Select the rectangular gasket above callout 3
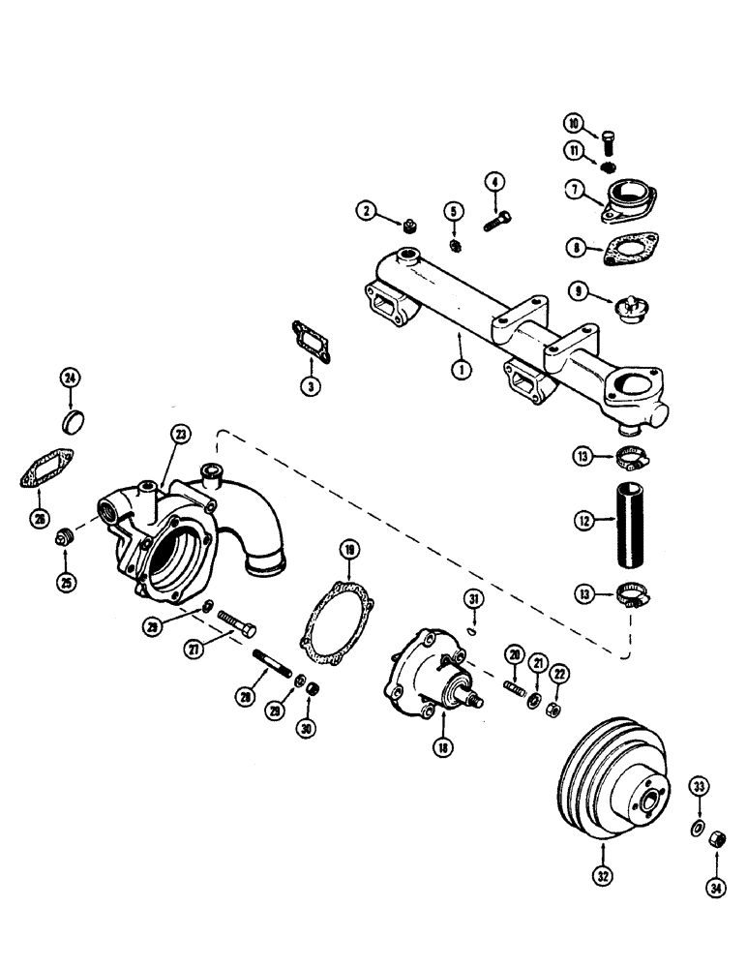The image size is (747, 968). (309, 340)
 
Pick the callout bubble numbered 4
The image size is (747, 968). (494, 181)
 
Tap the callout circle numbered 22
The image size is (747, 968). (557, 672)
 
